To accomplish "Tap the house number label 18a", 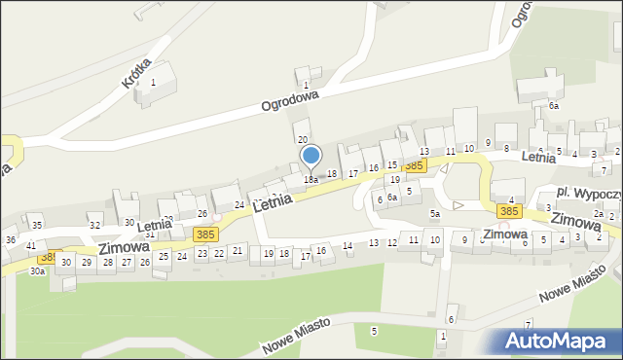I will click(311, 180).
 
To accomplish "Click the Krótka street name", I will click(136, 71).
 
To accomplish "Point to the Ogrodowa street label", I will click(289, 101).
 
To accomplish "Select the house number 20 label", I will click(302, 140).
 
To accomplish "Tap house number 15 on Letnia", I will click(391, 165).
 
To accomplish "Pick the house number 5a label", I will click(435, 213).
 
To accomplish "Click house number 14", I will click(348, 246).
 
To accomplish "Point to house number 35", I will click(36, 225).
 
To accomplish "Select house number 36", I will click(11, 239).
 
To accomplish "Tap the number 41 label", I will click(31, 246).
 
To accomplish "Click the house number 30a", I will click(37, 271).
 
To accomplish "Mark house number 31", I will click(150, 234).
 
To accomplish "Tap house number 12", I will click(392, 242).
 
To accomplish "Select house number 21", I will click(238, 252).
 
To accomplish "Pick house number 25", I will click(164, 257).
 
